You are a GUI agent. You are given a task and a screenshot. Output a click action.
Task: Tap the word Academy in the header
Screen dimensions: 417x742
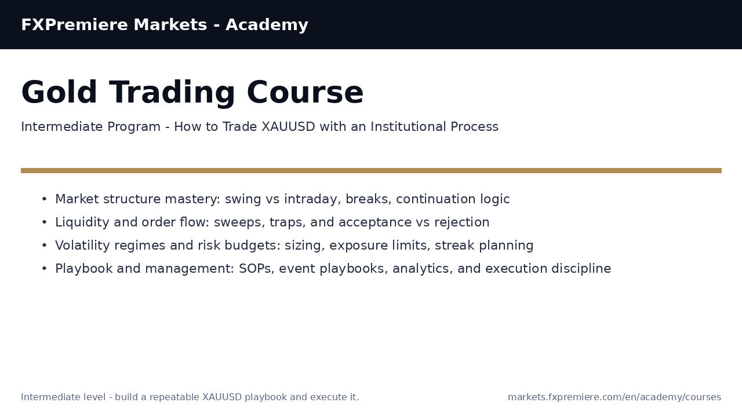(x=267, y=25)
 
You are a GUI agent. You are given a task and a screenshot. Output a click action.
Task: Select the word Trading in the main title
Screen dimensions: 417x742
(x=172, y=93)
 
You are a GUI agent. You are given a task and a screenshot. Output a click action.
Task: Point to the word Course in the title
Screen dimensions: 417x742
(x=305, y=93)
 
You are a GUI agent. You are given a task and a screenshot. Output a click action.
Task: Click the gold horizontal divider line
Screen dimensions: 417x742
(x=371, y=171)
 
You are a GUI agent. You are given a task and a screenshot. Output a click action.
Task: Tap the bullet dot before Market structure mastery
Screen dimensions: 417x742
(x=44, y=200)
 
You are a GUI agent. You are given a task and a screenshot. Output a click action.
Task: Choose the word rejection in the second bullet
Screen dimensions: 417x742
(x=463, y=223)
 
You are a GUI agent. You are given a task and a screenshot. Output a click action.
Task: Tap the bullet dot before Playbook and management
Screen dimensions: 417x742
(x=44, y=269)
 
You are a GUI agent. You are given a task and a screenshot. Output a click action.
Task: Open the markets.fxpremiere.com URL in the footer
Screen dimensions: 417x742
(x=614, y=397)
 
